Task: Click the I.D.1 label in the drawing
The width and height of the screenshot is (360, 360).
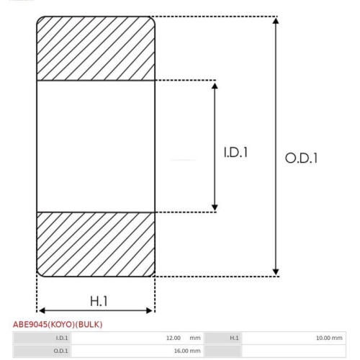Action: (x=235, y=152)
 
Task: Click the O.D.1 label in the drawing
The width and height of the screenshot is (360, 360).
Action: (x=301, y=158)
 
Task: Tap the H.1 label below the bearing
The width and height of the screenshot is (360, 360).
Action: (x=99, y=301)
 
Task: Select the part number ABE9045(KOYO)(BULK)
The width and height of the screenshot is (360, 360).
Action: (x=58, y=325)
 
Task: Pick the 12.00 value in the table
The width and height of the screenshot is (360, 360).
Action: (x=174, y=338)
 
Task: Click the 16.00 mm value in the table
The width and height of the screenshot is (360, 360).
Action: (x=187, y=351)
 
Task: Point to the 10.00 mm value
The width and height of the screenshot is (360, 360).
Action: (x=329, y=338)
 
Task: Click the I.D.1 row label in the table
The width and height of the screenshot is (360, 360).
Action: (x=62, y=338)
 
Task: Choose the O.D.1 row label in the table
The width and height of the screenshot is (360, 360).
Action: (x=60, y=351)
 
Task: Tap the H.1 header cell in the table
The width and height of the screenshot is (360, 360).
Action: (x=234, y=338)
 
